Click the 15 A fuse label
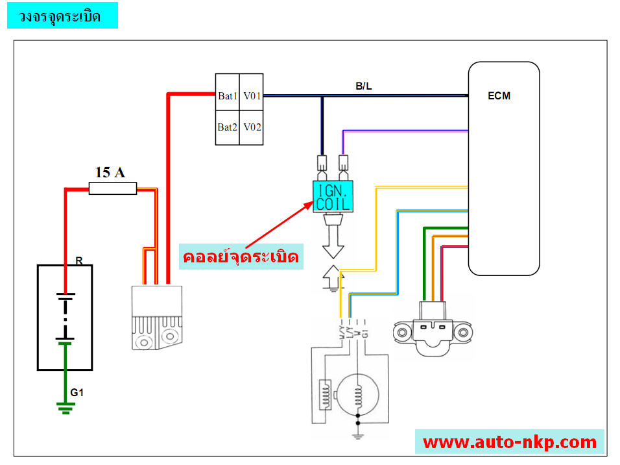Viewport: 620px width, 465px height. pos(111,172)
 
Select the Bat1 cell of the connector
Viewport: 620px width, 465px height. pos(228,96)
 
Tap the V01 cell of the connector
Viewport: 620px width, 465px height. pos(252,96)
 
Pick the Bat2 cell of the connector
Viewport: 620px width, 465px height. pos(228,127)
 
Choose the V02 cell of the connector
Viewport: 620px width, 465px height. pos(252,127)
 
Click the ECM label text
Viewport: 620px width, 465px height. pos(499,96)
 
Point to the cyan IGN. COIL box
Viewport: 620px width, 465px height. pos(333,197)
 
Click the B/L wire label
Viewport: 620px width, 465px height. pos(364,86)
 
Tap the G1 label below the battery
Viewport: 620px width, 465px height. pos(77,392)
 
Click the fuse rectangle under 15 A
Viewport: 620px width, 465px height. pos(112,189)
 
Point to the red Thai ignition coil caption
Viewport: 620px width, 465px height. pos(241,258)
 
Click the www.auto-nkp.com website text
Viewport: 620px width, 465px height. pos(510,442)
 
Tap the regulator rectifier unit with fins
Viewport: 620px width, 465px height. pos(156,318)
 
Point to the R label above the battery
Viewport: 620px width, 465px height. pos(78,261)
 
